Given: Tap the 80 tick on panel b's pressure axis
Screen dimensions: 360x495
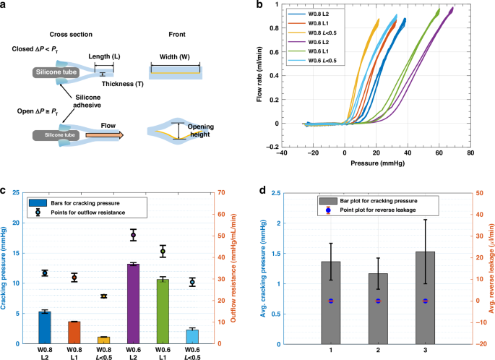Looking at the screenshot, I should coord(470,154).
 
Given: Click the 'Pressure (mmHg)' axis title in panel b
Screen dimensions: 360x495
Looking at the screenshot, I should coord(375,164).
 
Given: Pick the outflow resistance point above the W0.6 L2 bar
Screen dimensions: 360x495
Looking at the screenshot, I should coord(133,235).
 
